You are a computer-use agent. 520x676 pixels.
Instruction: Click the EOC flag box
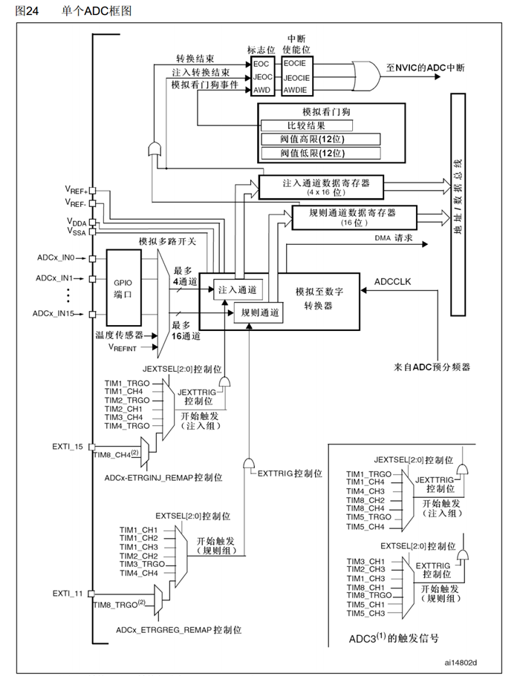point(264,64)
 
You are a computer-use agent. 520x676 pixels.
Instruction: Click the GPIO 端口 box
point(123,288)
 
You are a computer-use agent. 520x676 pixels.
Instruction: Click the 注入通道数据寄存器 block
point(321,185)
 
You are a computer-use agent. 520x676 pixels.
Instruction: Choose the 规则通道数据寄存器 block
point(353,217)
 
